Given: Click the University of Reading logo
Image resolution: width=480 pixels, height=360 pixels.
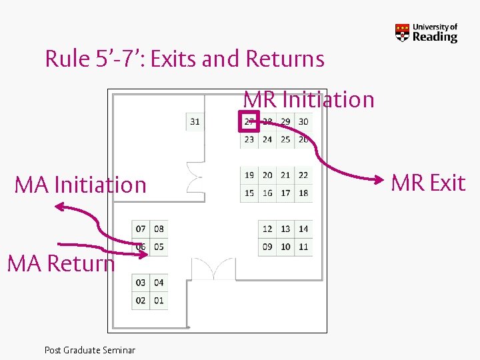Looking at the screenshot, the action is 427,33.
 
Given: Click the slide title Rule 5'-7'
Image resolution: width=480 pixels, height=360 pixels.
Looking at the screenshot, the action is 185,59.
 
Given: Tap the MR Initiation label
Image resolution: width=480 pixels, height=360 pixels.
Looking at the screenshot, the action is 309,100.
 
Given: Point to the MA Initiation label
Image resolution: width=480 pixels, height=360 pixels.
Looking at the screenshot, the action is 81,185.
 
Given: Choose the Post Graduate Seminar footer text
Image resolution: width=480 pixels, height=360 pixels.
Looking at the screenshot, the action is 90,350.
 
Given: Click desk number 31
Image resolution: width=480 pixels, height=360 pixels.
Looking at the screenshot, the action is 195,122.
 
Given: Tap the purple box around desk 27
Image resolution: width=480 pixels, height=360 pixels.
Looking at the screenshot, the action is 249,121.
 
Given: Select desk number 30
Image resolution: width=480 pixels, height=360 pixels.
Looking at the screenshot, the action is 303,121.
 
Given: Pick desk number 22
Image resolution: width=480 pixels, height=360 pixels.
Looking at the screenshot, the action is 303,175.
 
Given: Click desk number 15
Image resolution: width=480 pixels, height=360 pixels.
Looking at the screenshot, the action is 249,193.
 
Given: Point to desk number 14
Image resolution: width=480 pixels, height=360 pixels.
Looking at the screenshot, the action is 303,229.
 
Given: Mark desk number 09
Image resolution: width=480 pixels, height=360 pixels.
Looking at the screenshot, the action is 267,247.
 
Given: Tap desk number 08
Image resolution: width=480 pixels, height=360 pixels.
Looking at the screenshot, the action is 159,229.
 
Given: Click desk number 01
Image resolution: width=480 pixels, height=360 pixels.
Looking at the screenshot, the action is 159,301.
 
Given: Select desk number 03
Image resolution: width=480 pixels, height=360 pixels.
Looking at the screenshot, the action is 141,283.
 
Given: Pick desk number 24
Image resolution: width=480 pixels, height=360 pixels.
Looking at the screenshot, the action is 267,139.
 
